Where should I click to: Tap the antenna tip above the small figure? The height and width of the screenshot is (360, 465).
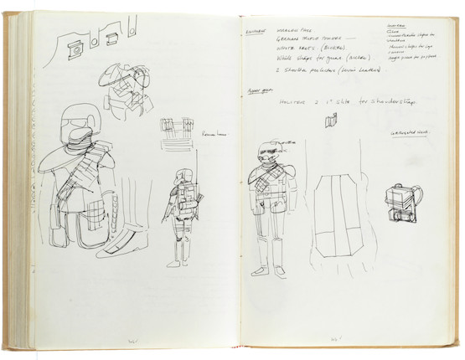[195, 155]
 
